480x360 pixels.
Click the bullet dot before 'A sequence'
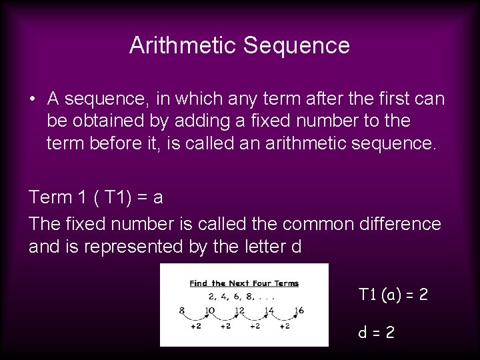33,99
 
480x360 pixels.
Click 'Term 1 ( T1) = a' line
97,197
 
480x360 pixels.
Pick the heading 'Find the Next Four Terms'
244,283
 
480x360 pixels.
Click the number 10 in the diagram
210,311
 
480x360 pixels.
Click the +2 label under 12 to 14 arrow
255,327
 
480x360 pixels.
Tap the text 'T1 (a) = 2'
393,294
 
